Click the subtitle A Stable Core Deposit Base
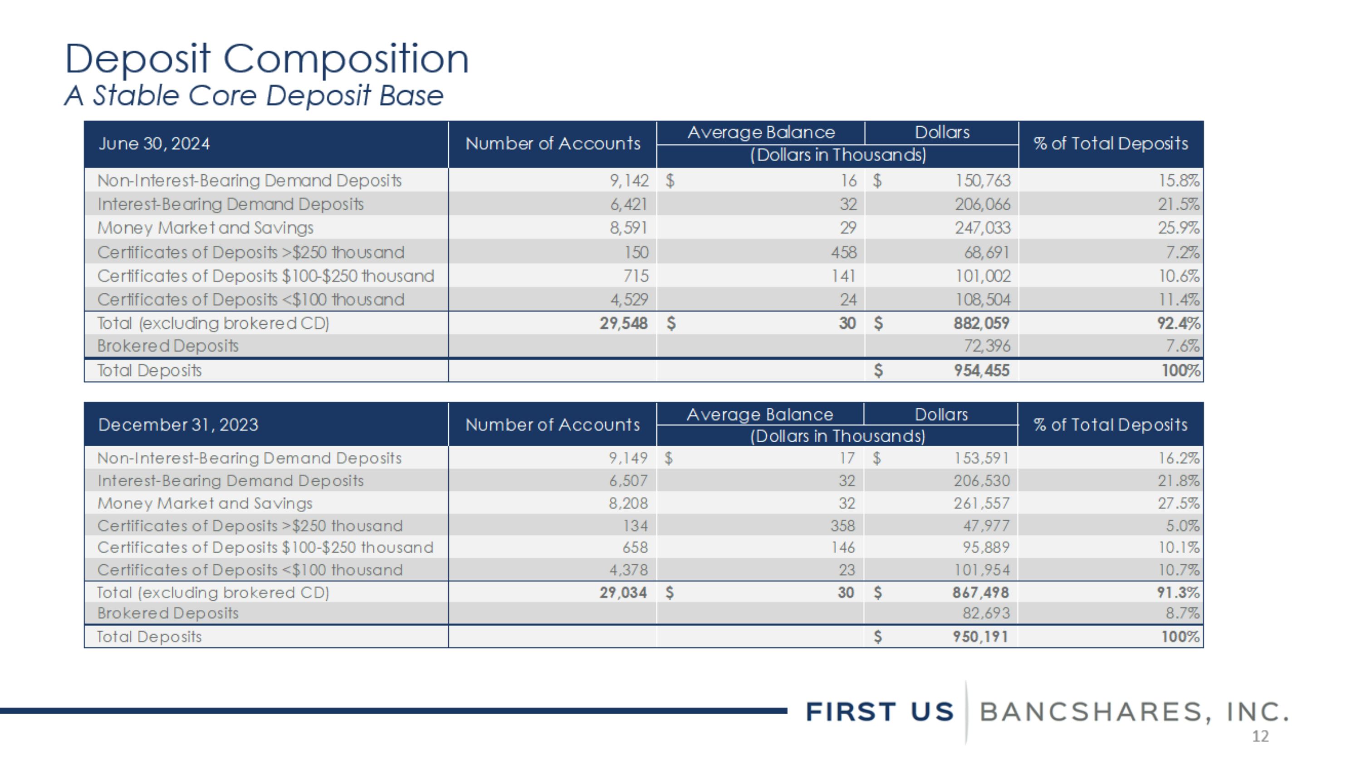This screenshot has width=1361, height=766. pos(254,96)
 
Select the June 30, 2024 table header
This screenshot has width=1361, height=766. pos(154,144)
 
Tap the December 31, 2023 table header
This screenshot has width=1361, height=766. pos(178,425)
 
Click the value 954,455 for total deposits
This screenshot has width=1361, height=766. pos(981,371)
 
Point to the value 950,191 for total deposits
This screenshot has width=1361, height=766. pos(980,637)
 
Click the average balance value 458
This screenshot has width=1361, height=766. pos(843,252)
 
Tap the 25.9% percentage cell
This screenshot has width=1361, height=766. pos(1178,228)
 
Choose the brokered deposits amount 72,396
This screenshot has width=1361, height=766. pos(986,346)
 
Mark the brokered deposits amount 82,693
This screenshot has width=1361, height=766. pos(985,613)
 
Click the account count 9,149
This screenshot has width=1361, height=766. pos(628,458)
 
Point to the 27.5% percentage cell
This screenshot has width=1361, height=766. pos(1178,503)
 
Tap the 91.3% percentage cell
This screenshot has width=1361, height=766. pos(1178,593)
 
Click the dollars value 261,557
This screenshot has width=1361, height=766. pos(981,503)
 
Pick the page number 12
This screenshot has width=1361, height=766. pos(1260,736)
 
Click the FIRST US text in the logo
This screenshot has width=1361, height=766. pos(880,712)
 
